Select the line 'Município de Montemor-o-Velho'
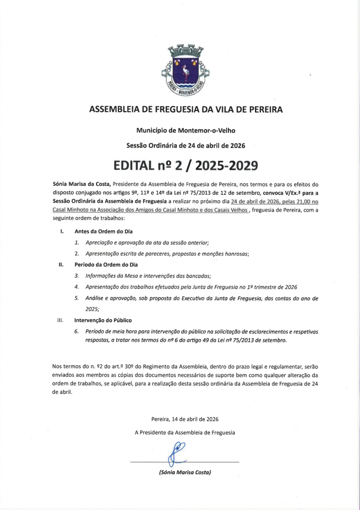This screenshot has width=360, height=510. coord(186,130)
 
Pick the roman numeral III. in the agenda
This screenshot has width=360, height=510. coord(61,320)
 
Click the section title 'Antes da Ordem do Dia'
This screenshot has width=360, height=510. coord(103,231)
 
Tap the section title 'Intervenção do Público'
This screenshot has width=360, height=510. coord(103,320)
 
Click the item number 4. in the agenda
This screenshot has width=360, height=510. coord(77,287)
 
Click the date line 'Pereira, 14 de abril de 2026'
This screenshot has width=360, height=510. coord(185,419)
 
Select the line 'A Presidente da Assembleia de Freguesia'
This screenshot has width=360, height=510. coord(185,433)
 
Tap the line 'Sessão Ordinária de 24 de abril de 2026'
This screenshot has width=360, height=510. coord(186,146)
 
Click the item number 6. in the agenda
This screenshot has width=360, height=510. coord(77,331)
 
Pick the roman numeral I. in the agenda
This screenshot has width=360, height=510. coord(61,231)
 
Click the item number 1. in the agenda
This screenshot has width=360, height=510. coord(77,243)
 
